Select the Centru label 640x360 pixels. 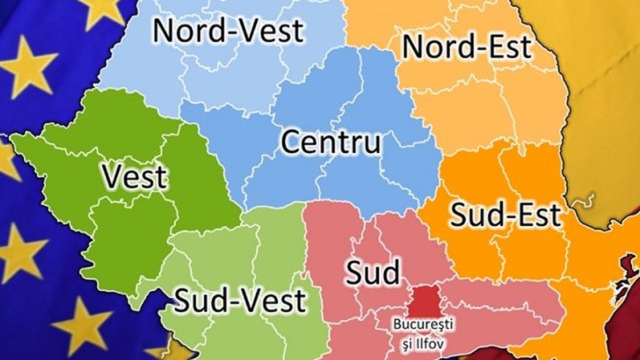[332, 142]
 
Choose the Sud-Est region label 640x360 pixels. [506, 215]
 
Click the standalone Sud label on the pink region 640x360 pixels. [373, 271]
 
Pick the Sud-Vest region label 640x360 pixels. [240, 300]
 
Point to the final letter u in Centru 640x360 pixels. [371, 144]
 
